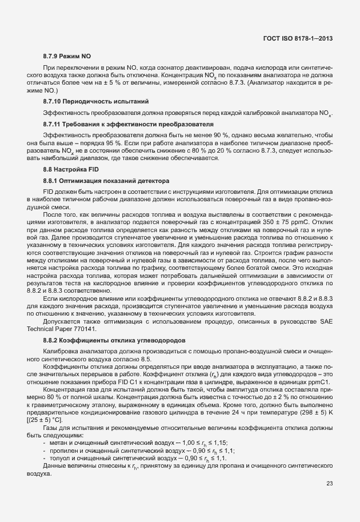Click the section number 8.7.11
click(x=54, y=123)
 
